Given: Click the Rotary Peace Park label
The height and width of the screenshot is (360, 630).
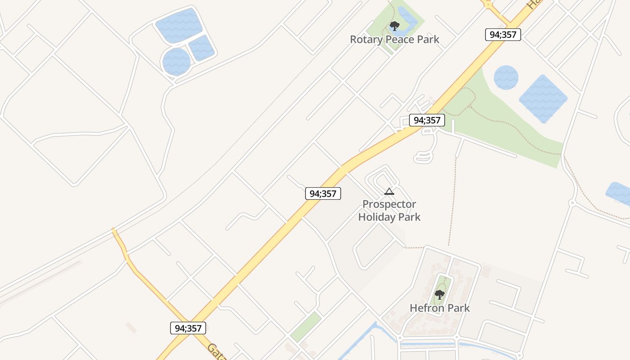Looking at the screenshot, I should (x=395, y=40).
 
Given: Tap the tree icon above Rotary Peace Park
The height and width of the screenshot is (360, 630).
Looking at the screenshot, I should (x=395, y=26).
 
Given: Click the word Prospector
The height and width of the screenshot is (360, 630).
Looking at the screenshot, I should (x=389, y=204).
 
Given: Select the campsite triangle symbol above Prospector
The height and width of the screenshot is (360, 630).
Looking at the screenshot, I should (x=389, y=192).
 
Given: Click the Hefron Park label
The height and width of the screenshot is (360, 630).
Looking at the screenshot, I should (x=440, y=308).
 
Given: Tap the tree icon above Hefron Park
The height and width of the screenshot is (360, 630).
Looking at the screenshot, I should (x=440, y=295).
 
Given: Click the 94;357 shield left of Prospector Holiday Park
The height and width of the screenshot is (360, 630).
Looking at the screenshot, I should (x=323, y=193).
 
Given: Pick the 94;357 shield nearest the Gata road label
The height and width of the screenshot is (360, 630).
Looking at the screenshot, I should (x=188, y=328).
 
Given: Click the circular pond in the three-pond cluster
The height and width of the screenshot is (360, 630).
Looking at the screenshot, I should (x=176, y=62).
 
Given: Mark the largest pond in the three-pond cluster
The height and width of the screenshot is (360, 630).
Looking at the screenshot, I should (x=179, y=25).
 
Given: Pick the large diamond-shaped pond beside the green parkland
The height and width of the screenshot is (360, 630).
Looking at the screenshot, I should (x=543, y=99).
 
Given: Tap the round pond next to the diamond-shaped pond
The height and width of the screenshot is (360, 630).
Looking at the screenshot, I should (x=506, y=77).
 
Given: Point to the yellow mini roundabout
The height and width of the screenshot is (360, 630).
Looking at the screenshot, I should (x=488, y=4).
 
